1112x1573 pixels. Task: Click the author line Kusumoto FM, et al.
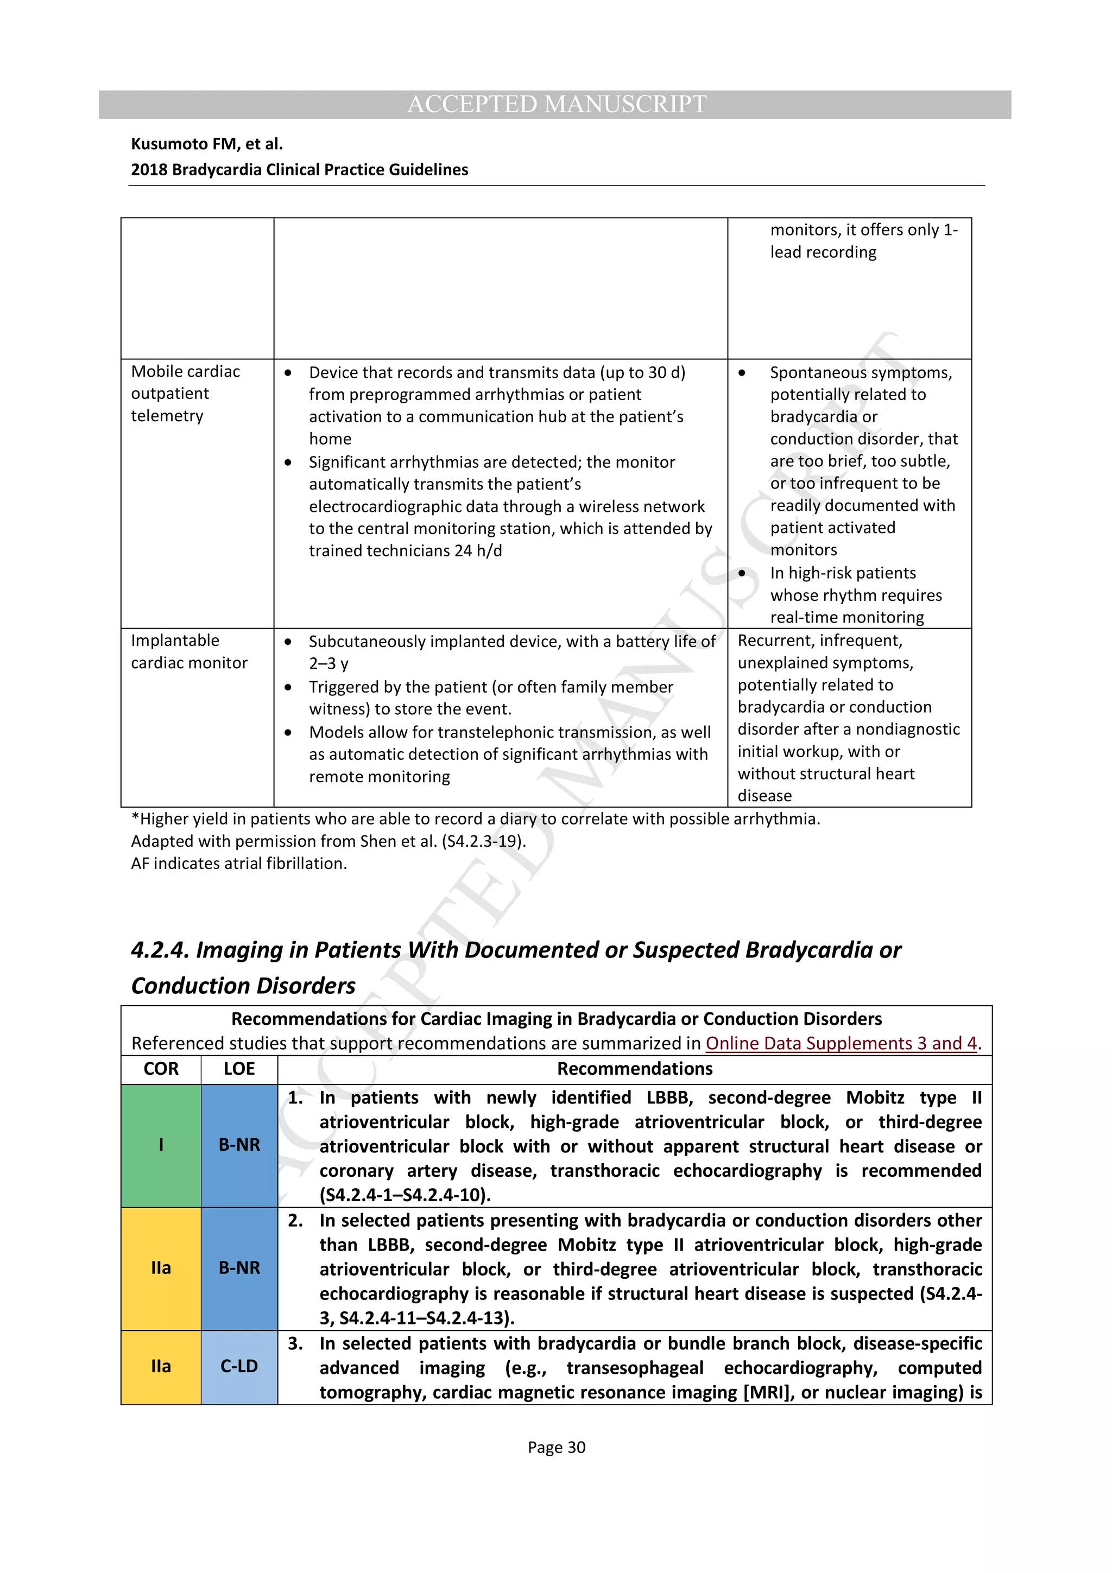tap(206, 144)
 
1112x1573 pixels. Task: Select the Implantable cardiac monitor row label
tap(189, 651)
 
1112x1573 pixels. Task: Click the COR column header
tap(161, 1069)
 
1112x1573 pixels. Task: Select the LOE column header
tap(239, 1069)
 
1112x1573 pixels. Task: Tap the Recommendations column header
tap(634, 1069)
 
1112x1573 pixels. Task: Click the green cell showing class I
tap(161, 1145)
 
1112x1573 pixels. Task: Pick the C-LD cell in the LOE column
tap(239, 1366)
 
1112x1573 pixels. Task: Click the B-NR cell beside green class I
tap(239, 1145)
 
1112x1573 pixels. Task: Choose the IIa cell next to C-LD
tap(161, 1366)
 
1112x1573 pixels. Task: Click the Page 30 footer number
tap(557, 1447)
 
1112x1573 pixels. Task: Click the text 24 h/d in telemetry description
tap(478, 551)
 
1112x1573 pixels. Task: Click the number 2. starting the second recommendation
tap(295, 1220)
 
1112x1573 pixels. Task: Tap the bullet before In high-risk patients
tap(742, 573)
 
